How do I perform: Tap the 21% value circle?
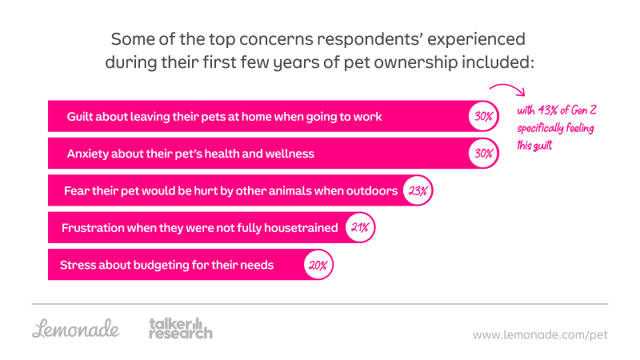pyautogui.click(x=359, y=228)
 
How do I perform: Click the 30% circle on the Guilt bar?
pyautogui.click(x=483, y=116)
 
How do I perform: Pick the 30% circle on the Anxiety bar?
pyautogui.click(x=483, y=153)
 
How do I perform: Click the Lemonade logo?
pyautogui.click(x=76, y=328)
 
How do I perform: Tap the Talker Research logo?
pyautogui.click(x=181, y=328)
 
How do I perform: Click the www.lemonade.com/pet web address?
pyautogui.click(x=540, y=334)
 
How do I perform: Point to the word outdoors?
pyautogui.click(x=372, y=191)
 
